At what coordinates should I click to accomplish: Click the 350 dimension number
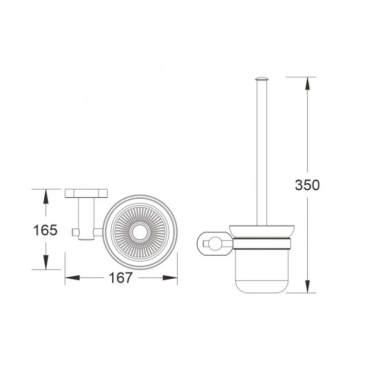[x=307, y=185]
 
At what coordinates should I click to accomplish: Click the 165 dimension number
[x=45, y=230]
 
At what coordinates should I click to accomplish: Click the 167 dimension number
[x=121, y=278]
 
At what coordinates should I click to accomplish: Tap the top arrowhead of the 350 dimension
[x=307, y=83]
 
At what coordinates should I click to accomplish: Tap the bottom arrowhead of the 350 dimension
[x=307, y=286]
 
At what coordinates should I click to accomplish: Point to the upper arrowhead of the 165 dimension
[x=46, y=196]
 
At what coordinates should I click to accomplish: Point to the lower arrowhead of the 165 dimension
[x=46, y=263]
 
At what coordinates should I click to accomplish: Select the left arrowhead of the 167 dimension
[x=73, y=278]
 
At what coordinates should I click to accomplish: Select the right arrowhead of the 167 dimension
[x=170, y=278]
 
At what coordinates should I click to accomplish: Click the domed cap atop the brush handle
[x=261, y=79]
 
